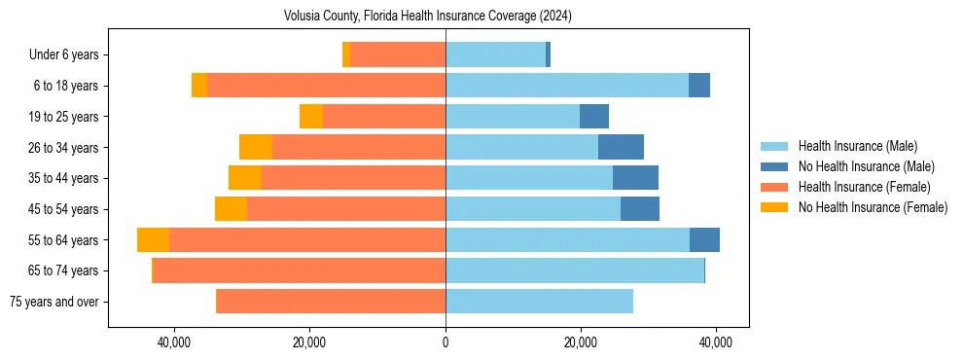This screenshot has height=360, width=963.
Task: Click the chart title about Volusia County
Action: pos(427,17)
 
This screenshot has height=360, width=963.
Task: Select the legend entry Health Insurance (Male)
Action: pos(857,146)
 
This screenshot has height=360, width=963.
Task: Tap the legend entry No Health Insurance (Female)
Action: pos(873,207)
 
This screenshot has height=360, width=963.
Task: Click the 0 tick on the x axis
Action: pos(446,342)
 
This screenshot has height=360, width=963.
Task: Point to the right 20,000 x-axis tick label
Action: pos(581,342)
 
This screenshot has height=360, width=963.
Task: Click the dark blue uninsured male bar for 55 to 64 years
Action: pos(704,240)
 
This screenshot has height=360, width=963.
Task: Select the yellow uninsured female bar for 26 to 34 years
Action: pos(256,148)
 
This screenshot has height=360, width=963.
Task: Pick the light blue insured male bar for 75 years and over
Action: pos(539,302)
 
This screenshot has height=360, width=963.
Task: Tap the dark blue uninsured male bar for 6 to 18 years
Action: pos(699,86)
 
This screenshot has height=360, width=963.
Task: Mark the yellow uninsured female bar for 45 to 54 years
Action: pos(231,209)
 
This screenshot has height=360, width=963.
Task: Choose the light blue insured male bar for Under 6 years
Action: pos(495,55)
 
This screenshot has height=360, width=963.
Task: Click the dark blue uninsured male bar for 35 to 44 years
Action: pos(635,178)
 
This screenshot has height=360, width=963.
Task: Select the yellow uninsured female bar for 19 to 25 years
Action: pos(311,117)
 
